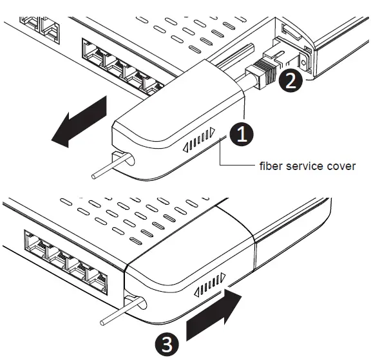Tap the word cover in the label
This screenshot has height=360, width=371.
[x=341, y=166]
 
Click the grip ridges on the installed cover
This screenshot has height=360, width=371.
[x=211, y=287]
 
